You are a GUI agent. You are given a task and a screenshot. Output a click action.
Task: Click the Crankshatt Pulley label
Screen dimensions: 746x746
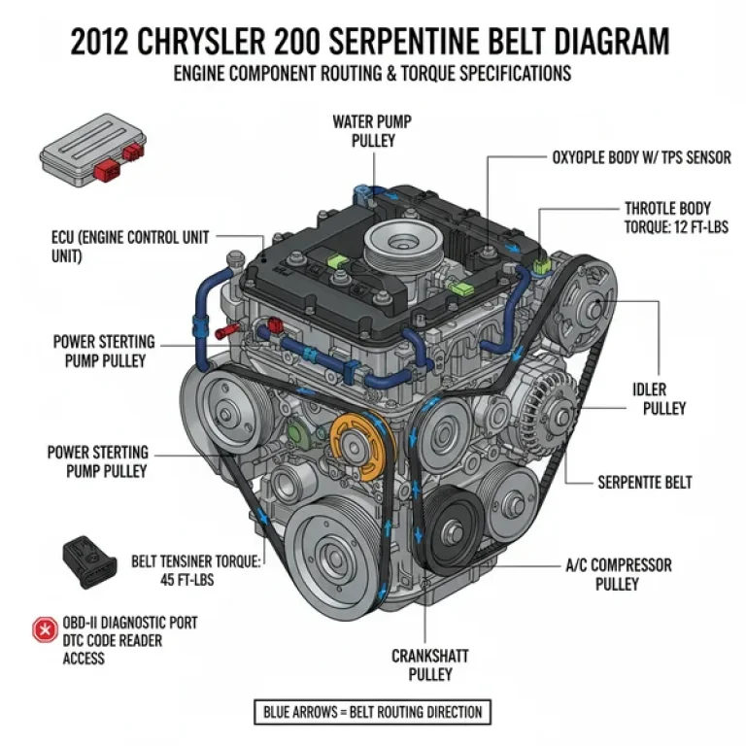click(x=424, y=664)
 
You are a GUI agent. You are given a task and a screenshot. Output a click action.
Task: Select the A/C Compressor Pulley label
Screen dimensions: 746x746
click(x=618, y=574)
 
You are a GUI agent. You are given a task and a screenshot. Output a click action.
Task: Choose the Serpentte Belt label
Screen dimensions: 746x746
click(x=644, y=482)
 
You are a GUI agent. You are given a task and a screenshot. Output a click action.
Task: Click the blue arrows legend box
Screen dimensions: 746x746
click(x=373, y=712)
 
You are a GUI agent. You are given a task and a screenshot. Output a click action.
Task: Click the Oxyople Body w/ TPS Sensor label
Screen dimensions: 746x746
click(x=641, y=157)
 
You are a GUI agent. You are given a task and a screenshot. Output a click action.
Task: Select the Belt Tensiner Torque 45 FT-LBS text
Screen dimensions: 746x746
click(x=196, y=571)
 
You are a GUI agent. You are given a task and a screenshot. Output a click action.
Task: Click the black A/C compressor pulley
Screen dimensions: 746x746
click(x=455, y=529)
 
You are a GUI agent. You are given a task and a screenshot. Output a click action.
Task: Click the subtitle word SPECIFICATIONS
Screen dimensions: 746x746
click(x=510, y=73)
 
